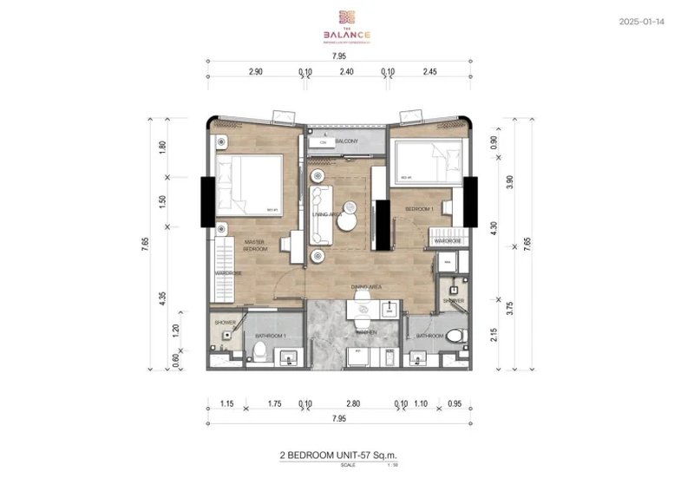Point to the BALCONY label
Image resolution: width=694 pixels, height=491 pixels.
point(347,141)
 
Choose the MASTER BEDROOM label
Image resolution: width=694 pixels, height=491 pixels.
point(254,245)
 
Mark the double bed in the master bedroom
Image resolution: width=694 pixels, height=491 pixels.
point(250,184)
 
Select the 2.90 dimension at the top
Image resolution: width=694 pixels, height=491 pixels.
point(255,72)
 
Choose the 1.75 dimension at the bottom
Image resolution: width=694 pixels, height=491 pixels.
point(273,403)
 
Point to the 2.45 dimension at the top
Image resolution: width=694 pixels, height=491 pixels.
point(434,72)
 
